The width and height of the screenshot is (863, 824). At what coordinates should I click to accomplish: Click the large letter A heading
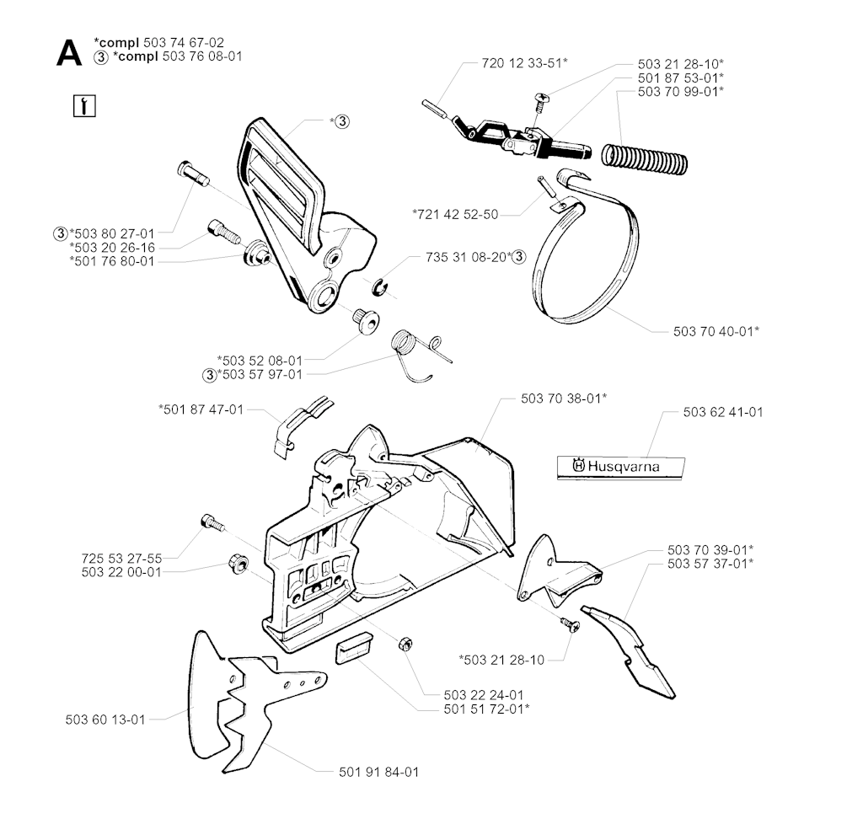69,55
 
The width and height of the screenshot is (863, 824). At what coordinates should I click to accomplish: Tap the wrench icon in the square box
84,106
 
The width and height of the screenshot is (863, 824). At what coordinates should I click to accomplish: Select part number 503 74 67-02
184,42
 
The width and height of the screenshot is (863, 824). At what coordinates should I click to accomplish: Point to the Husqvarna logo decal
621,468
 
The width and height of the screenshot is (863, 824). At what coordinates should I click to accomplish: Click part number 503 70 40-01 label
716,331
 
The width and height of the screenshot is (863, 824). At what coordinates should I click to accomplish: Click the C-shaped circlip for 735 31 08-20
378,287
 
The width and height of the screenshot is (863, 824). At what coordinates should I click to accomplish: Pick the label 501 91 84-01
378,773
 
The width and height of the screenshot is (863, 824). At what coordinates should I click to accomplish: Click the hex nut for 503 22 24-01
405,643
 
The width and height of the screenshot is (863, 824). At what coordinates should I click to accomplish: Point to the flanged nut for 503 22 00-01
238,564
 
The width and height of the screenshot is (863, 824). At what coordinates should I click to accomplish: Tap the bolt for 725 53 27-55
213,522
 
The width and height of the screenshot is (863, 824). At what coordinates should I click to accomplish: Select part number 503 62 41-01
723,412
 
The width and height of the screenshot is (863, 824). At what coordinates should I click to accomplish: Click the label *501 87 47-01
201,409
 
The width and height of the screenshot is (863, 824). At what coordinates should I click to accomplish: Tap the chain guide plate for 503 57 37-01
628,652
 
